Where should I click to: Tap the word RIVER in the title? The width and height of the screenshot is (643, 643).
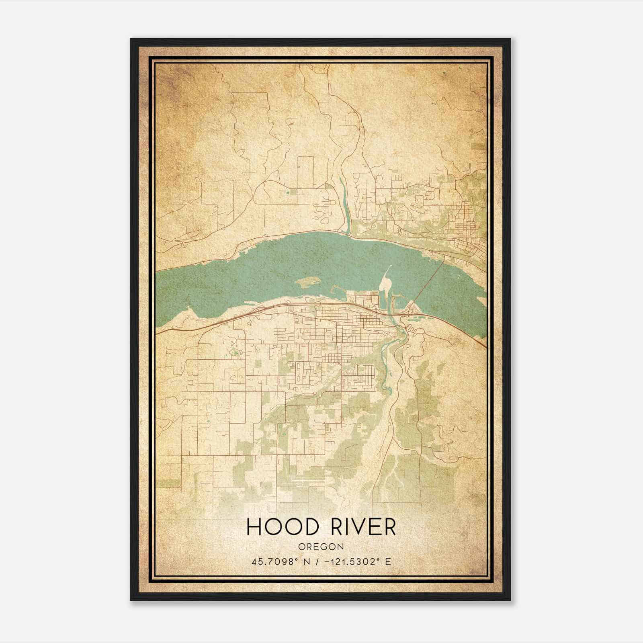click(363, 527)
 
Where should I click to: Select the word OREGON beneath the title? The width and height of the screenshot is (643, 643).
click(321, 547)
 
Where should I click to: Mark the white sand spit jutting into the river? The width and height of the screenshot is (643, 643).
click(385, 284)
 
